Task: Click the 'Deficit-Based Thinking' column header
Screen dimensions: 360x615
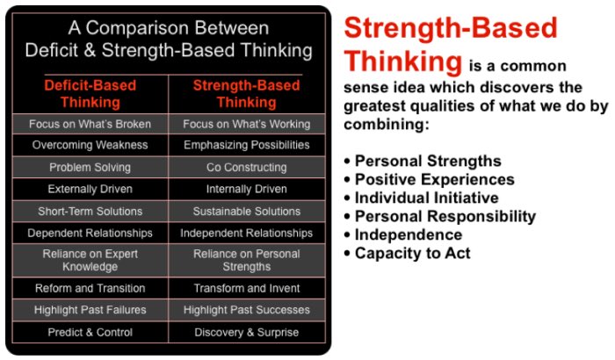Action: click(90, 94)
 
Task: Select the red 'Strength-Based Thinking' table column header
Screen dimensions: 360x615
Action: click(246, 94)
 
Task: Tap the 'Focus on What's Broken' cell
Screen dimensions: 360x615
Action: click(90, 124)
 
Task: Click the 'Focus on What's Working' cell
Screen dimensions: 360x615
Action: click(247, 124)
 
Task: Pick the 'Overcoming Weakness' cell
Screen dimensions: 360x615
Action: click(90, 145)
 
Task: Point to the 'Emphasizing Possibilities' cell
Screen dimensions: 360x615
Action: click(247, 145)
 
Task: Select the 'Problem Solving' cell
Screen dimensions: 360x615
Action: click(90, 167)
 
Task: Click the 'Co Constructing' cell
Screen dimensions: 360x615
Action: click(247, 167)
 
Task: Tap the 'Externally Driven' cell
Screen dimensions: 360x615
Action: click(90, 189)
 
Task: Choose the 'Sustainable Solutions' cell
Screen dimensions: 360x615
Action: click(247, 212)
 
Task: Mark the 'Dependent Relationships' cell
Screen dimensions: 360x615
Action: click(90, 234)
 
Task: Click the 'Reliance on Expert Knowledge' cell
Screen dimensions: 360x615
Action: click(90, 260)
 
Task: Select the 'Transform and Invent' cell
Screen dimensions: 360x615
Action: click(247, 288)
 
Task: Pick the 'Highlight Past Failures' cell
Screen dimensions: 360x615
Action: click(90, 310)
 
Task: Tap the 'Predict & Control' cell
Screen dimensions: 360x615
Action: click(90, 333)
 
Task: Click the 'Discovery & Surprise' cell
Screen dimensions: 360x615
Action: click(247, 333)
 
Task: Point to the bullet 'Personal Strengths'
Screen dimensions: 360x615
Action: click(427, 162)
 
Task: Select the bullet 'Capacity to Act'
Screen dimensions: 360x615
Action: click(412, 254)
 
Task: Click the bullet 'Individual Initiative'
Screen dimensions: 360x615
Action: click(426, 198)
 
